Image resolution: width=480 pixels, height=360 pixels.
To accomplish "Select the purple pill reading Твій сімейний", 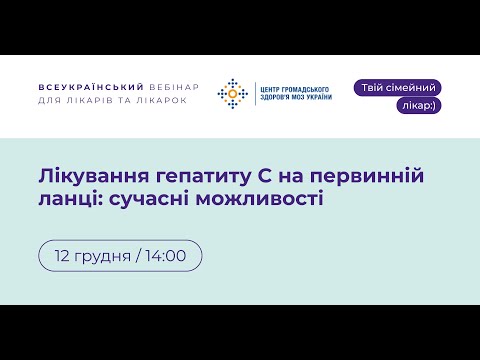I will [x=397, y=88].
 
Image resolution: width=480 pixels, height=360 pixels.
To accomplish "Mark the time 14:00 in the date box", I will [x=165, y=255].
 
